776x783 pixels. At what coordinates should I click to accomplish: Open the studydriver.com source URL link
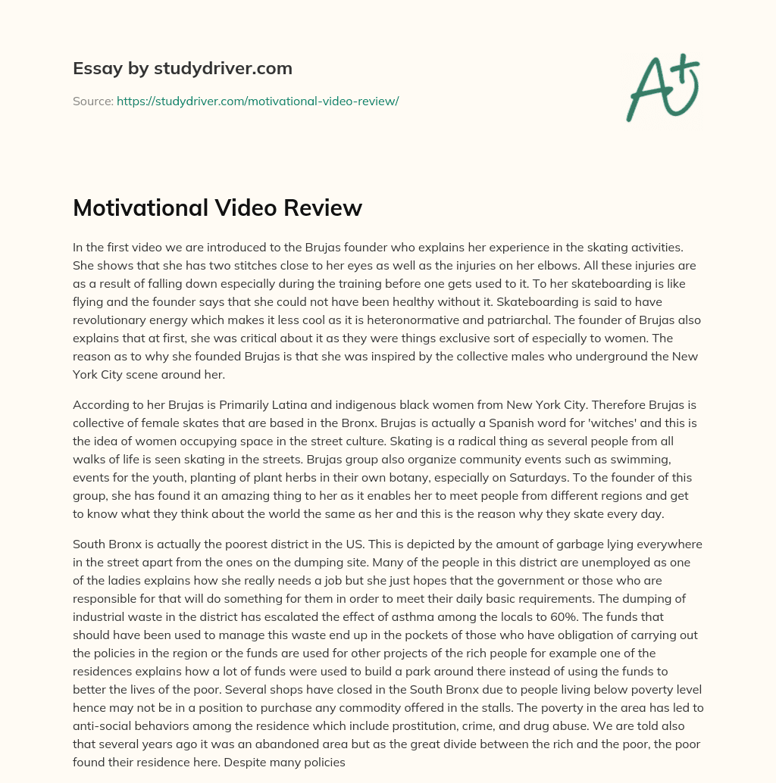pos(258,101)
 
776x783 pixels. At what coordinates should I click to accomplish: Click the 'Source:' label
pos(92,101)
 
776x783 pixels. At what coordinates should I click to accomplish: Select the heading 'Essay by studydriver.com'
pos(182,69)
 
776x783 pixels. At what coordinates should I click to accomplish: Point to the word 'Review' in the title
pos(327,207)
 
